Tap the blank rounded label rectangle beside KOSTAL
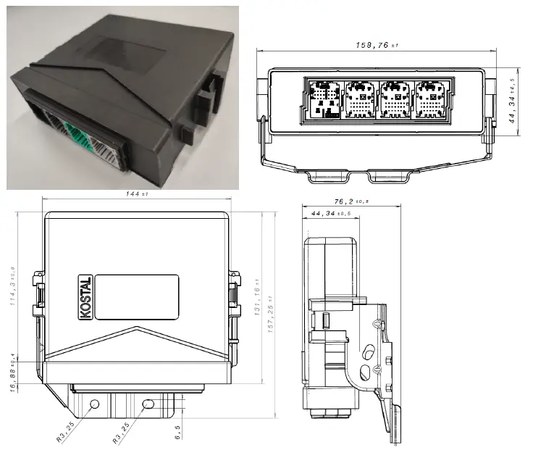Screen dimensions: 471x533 [137, 297]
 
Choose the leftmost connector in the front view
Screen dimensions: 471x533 [322, 99]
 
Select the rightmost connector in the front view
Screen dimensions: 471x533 [432, 100]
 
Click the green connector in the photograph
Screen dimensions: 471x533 [74, 133]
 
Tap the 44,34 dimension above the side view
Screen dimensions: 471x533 [330, 214]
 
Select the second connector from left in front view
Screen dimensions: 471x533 [360, 100]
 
